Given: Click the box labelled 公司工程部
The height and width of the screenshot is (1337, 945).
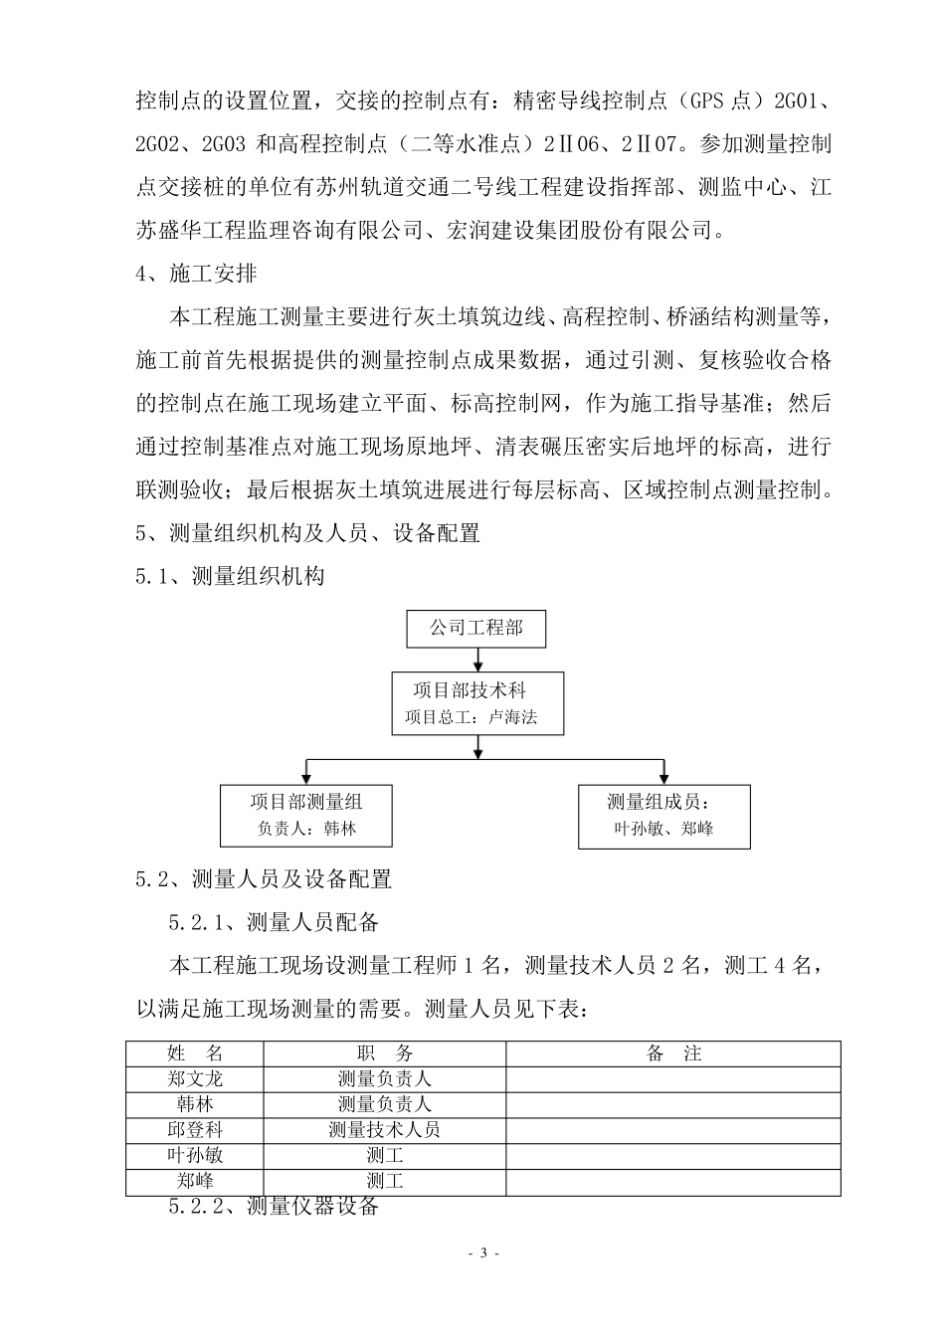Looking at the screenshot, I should click(x=475, y=629).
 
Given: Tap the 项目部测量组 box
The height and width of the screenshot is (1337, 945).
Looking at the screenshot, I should click(x=305, y=816).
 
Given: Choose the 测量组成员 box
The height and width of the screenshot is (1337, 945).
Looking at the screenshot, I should click(x=663, y=816).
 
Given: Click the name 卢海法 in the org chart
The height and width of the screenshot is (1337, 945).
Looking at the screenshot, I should click(x=513, y=717).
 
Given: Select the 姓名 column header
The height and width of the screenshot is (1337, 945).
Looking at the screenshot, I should click(x=195, y=1053).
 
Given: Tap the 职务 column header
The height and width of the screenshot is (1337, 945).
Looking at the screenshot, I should click(x=384, y=1053).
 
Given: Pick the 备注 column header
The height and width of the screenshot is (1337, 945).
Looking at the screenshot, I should click(x=673, y=1053).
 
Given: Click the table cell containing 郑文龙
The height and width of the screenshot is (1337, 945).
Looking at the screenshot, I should click(x=195, y=1078).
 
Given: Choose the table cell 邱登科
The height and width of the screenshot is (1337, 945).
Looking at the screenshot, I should click(x=195, y=1130).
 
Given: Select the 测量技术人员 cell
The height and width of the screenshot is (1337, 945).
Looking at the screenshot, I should click(x=384, y=1130).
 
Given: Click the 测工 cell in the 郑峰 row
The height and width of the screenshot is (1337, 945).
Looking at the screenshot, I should click(x=384, y=1182).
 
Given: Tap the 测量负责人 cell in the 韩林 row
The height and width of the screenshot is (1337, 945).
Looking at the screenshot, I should click(x=384, y=1104).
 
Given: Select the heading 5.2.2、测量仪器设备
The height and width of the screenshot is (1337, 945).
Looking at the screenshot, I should click(x=275, y=1208).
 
